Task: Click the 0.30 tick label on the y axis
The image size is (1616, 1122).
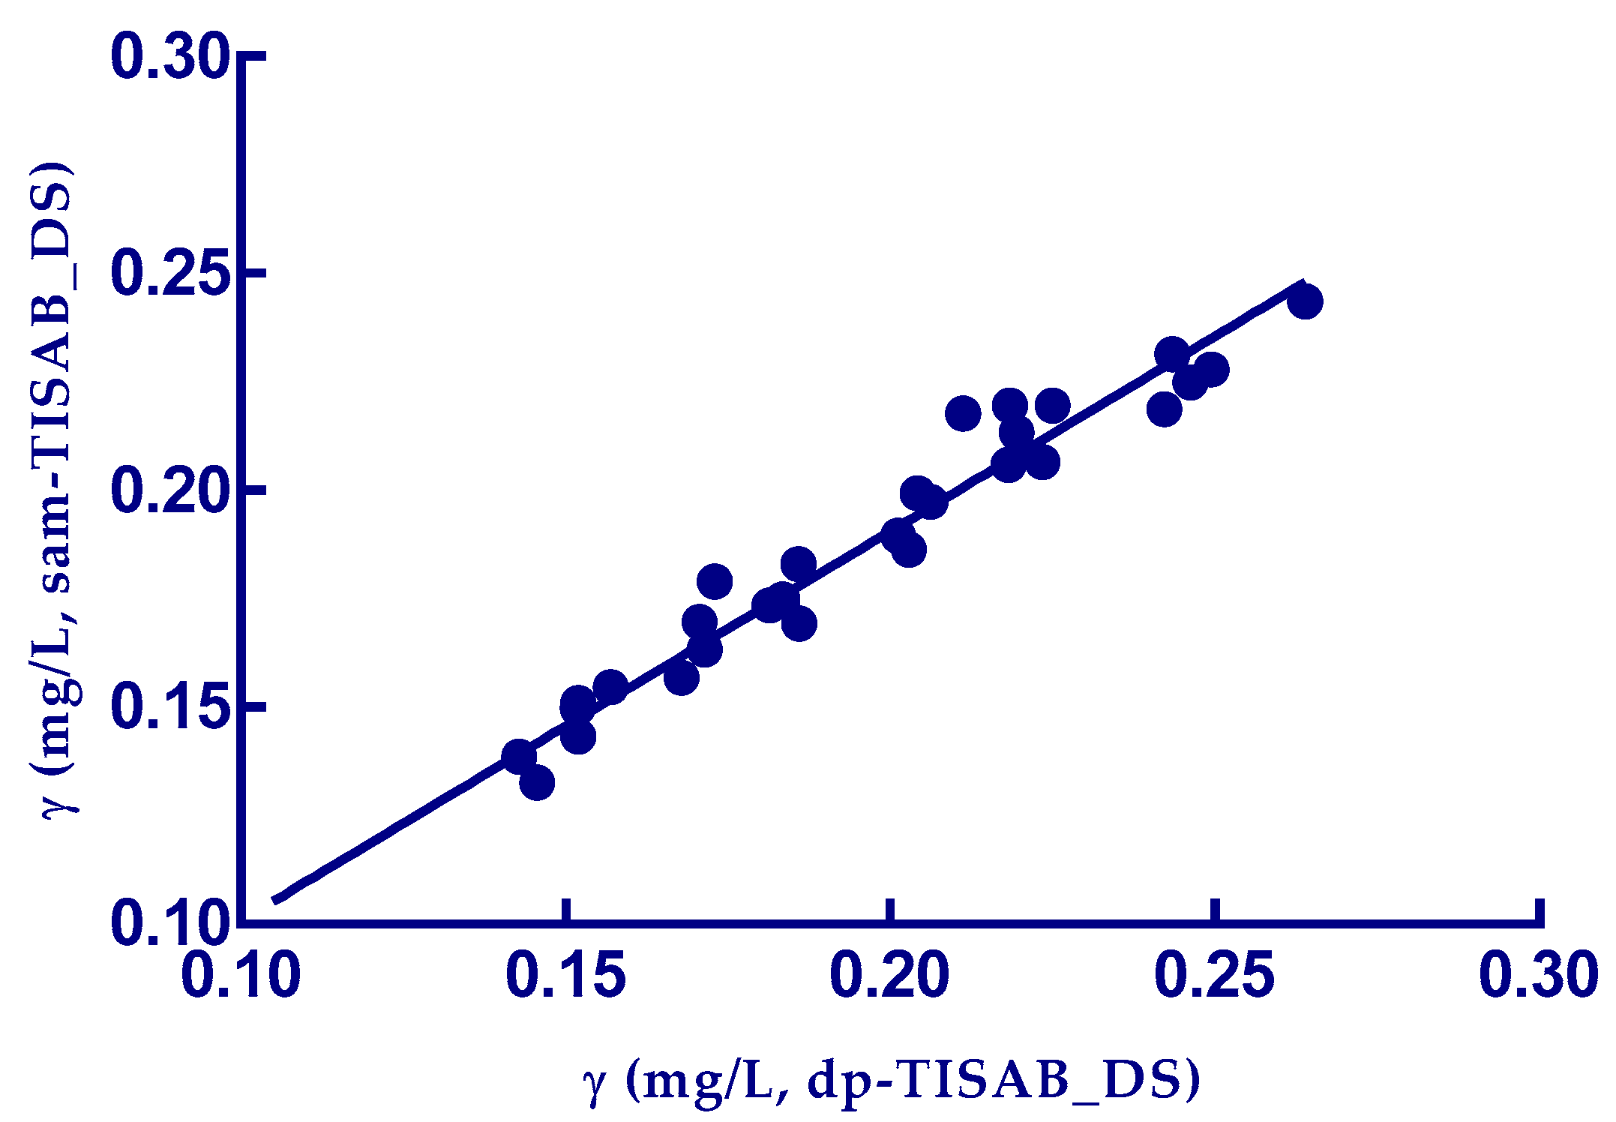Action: point(168,57)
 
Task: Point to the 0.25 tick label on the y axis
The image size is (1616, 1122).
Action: point(168,274)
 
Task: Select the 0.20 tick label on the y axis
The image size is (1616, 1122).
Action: point(168,490)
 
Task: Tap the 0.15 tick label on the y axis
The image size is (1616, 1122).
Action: point(168,707)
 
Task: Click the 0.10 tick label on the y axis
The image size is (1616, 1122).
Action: point(168,923)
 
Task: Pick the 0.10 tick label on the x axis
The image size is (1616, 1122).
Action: point(241,976)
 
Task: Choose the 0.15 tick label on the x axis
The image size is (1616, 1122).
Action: point(565,976)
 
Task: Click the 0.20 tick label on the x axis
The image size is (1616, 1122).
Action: point(889,976)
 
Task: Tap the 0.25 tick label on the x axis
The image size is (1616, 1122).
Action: point(1214,976)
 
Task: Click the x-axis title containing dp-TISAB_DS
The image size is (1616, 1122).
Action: point(892,1081)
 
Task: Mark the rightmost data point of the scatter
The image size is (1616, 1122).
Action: point(1305,302)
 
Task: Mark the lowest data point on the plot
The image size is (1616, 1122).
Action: point(537,784)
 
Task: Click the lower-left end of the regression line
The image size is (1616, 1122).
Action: point(274,900)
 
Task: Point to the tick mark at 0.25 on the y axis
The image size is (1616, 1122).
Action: point(253,273)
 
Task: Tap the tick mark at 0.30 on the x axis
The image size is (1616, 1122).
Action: point(1540,912)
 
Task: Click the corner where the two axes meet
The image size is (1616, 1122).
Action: point(241,922)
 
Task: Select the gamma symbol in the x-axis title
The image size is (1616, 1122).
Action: point(594,1084)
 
